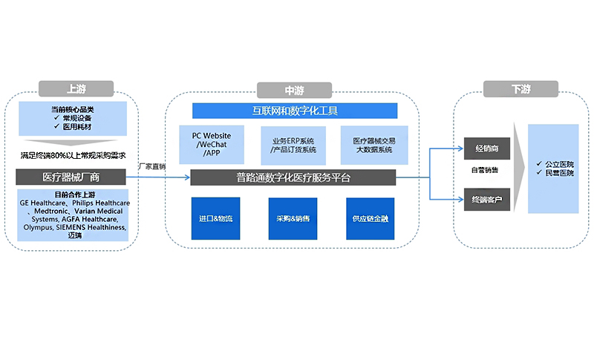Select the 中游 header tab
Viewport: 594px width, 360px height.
(294, 91)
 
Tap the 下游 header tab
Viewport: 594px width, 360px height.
(520, 89)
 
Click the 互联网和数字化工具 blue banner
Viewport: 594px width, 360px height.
(295, 111)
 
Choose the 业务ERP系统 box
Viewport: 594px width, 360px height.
(293, 145)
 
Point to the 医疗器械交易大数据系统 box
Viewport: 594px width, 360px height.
(374, 145)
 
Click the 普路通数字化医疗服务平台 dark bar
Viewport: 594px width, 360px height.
(293, 177)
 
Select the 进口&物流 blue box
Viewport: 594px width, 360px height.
(215, 219)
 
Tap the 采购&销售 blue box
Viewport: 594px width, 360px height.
(293, 219)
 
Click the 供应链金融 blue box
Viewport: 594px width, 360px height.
(371, 219)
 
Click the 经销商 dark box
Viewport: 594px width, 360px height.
(486, 148)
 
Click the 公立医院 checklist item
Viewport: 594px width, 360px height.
(558, 163)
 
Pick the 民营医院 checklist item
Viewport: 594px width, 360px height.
(558, 173)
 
